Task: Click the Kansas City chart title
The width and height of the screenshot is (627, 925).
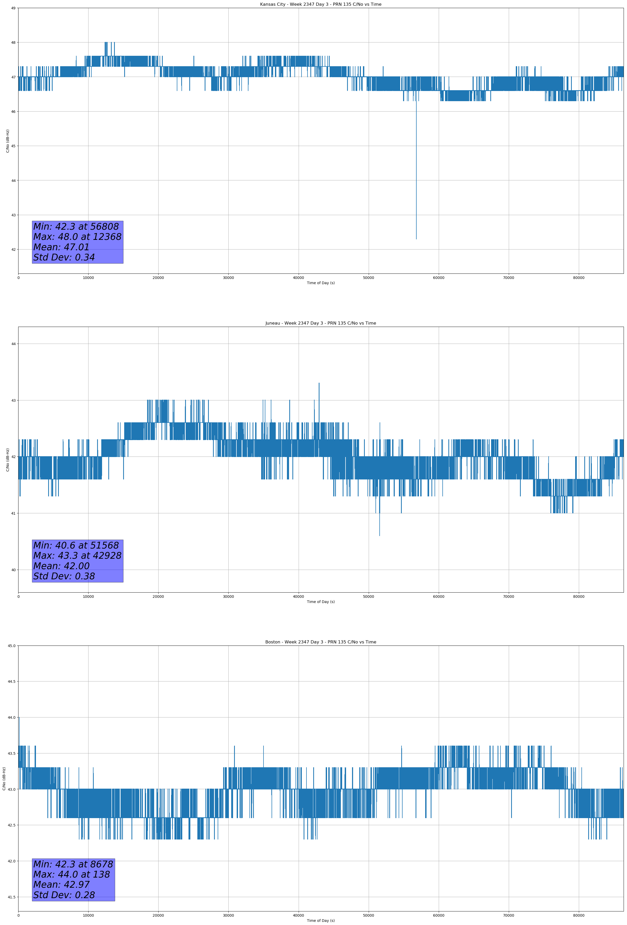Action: pyautogui.click(x=321, y=4)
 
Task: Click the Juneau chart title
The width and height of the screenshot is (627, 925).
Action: pyautogui.click(x=321, y=323)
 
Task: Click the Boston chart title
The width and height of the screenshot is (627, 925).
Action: pyautogui.click(x=321, y=642)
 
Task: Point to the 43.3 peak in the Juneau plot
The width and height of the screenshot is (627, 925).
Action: pyautogui.click(x=319, y=383)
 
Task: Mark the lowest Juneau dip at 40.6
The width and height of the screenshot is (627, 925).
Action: pyautogui.click(x=379, y=535)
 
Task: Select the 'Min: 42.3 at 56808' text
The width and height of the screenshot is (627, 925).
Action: pyautogui.click(x=76, y=227)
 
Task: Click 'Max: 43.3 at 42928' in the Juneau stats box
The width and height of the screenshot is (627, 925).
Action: pyautogui.click(x=77, y=556)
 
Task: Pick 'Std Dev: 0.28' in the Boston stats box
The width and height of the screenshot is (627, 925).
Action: pyautogui.click(x=64, y=895)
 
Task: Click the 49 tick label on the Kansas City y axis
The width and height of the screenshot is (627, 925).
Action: pyautogui.click(x=14, y=8)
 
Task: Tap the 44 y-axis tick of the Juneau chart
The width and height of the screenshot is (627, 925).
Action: pyautogui.click(x=14, y=344)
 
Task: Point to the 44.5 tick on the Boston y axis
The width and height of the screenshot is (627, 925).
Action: pyautogui.click(x=11, y=682)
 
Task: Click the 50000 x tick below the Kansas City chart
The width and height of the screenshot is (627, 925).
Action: pyautogui.click(x=368, y=278)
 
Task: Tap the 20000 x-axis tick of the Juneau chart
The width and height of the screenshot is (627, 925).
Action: pyautogui.click(x=158, y=597)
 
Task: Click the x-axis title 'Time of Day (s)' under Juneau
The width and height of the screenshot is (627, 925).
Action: pyautogui.click(x=321, y=602)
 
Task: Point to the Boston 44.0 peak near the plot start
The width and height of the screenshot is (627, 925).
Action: pyautogui.click(x=19, y=718)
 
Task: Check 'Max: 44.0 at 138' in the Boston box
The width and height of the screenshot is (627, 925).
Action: pyautogui.click(x=72, y=874)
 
